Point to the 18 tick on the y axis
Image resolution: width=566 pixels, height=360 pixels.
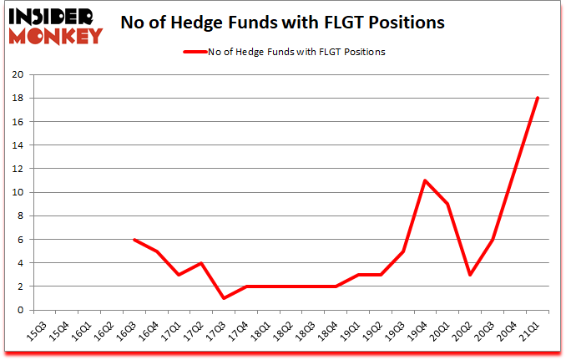(x=16, y=99)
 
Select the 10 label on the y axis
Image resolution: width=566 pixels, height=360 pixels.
(x=16, y=193)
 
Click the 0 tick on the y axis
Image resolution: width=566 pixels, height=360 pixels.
(x=19, y=310)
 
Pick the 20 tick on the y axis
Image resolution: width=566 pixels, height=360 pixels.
(x=16, y=75)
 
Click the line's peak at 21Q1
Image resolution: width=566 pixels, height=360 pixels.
(x=538, y=98)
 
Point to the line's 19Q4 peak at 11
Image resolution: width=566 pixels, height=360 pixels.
(x=425, y=180)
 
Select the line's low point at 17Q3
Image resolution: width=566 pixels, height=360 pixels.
(x=223, y=298)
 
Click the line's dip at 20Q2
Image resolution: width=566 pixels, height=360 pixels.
(x=470, y=274)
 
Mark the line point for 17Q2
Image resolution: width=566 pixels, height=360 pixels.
(x=200, y=262)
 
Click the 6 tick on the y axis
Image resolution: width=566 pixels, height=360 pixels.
(x=19, y=240)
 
